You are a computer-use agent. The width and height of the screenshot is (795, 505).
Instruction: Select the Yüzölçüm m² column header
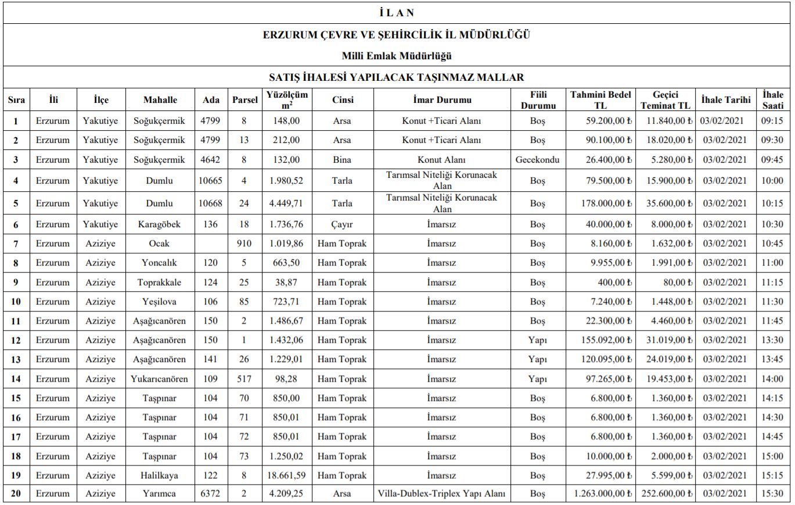coord(287,99)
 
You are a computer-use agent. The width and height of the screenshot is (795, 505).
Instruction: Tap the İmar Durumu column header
coord(442,99)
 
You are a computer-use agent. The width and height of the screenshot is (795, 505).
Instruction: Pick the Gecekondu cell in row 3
coord(537,160)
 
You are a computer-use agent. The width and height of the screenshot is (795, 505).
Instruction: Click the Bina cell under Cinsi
coord(342,160)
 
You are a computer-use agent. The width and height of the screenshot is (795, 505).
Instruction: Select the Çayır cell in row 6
coord(342,224)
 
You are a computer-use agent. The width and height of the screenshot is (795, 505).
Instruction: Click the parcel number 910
coord(244,243)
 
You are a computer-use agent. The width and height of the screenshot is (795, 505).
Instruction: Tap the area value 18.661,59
coord(286,475)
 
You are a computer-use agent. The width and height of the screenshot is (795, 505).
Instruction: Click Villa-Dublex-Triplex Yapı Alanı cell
coord(442,494)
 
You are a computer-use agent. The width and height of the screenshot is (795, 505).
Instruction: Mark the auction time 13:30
coord(772,340)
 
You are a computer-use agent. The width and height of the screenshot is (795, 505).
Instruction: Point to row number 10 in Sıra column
coord(16,302)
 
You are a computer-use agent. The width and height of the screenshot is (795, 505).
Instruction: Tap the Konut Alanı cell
coord(442,160)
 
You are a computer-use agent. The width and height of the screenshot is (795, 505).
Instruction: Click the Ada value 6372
coord(210,494)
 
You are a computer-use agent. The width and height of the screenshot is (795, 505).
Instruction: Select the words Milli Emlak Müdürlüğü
coord(397,56)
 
